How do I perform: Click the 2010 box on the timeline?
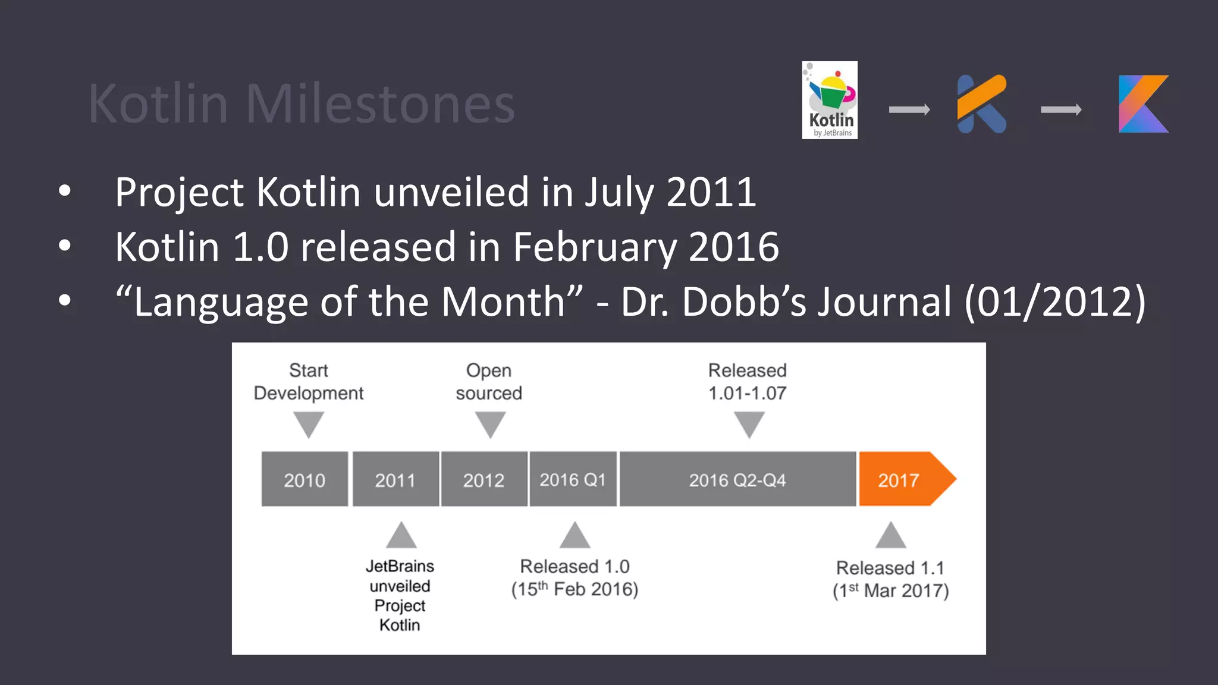[304, 479]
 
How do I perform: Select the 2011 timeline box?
[395, 479]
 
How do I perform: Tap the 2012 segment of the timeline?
[484, 479]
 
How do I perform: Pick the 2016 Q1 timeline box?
[573, 479]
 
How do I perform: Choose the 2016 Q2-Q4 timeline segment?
[737, 479]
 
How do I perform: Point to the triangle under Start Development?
[309, 424]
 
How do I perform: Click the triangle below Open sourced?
[490, 424]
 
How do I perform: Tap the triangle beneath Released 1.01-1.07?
[749, 424]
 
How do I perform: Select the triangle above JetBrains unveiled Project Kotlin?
[401, 536]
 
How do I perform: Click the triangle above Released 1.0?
[575, 536]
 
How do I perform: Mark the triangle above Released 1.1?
[891, 536]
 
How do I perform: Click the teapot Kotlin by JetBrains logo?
[830, 100]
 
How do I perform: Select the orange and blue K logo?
[982, 104]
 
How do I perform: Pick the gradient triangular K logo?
[1143, 104]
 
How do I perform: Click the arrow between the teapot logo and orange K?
[909, 109]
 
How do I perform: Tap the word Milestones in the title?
[380, 104]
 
